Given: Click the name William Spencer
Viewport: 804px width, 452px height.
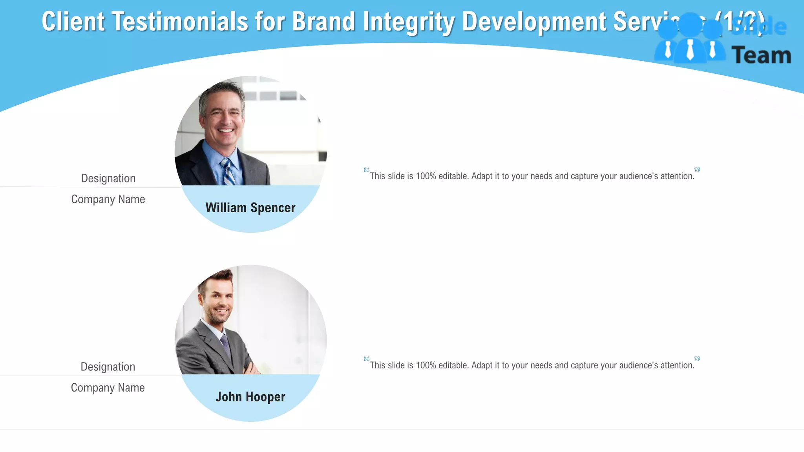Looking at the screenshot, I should pos(250,208).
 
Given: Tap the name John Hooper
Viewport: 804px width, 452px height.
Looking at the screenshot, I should pos(250,397).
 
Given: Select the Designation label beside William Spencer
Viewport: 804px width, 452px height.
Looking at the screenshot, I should pos(108,179).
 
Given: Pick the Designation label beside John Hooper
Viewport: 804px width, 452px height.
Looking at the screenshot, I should pos(108,367).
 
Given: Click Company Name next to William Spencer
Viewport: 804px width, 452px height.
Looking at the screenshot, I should pos(108,199).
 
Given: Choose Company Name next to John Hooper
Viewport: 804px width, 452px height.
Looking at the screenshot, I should pos(108,388).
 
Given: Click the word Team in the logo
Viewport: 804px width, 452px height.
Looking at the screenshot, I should pos(761,55).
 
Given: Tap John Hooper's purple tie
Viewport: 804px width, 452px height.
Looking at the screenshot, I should pos(225,343).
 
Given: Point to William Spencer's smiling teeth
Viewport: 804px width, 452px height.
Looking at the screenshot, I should pos(225,131).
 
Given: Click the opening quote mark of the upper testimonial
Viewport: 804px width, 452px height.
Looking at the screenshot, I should pos(366,170).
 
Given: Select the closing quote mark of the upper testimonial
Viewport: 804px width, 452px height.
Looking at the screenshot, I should pos(697,170).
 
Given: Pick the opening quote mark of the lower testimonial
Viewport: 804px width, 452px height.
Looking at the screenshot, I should pos(366,359).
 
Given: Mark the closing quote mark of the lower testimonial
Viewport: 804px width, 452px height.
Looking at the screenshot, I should pos(697,359).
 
